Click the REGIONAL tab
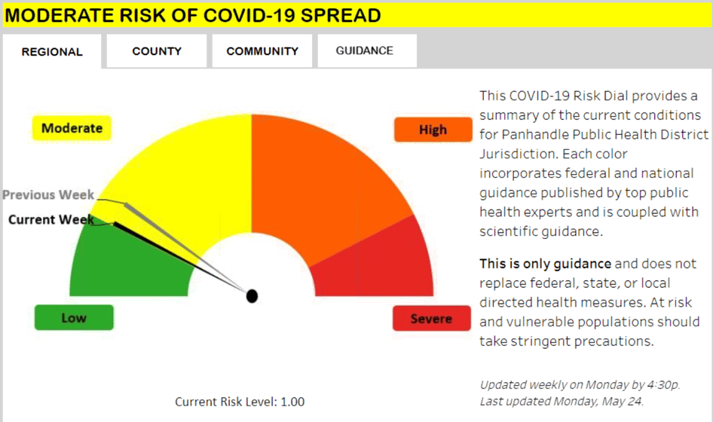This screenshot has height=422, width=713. click(x=52, y=51)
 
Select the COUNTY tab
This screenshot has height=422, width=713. click(x=157, y=51)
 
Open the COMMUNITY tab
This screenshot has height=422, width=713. click(x=262, y=51)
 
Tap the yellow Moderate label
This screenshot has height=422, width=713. click(x=72, y=128)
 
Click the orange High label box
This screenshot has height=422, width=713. click(x=433, y=130)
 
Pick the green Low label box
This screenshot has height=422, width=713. click(x=74, y=317)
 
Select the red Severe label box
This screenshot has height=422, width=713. click(x=432, y=318)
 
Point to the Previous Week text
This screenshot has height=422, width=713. click(x=48, y=194)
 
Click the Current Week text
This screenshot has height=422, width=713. click(x=51, y=219)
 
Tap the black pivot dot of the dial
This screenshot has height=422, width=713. click(x=252, y=296)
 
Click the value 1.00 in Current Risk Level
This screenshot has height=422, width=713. click(x=292, y=402)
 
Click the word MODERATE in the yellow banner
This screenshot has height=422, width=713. click(x=59, y=16)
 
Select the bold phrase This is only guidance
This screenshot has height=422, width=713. click(x=545, y=264)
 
